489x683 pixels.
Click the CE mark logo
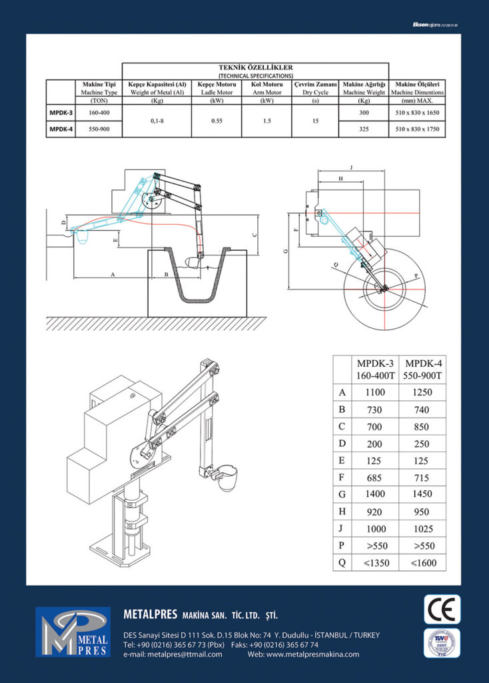coord(442,608)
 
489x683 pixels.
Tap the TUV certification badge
coord(442,643)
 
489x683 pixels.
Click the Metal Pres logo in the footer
coord(73,632)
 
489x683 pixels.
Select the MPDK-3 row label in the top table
coord(60,113)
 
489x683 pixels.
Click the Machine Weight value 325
coord(364,130)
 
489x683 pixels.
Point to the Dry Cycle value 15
coord(315,121)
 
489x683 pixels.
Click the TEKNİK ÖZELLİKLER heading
coord(256,67)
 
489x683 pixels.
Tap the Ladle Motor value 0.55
coord(216,121)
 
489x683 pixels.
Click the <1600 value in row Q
coord(422,563)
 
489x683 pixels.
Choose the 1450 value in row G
coord(422,494)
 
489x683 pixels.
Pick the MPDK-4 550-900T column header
coord(422,369)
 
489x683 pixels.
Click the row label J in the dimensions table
coord(342,529)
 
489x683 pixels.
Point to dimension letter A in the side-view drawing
coord(112,274)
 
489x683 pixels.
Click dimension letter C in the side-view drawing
coord(255,234)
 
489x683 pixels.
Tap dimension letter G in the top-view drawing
coord(286,251)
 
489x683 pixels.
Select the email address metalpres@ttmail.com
coord(173,654)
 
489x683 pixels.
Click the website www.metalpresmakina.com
coord(303,654)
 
